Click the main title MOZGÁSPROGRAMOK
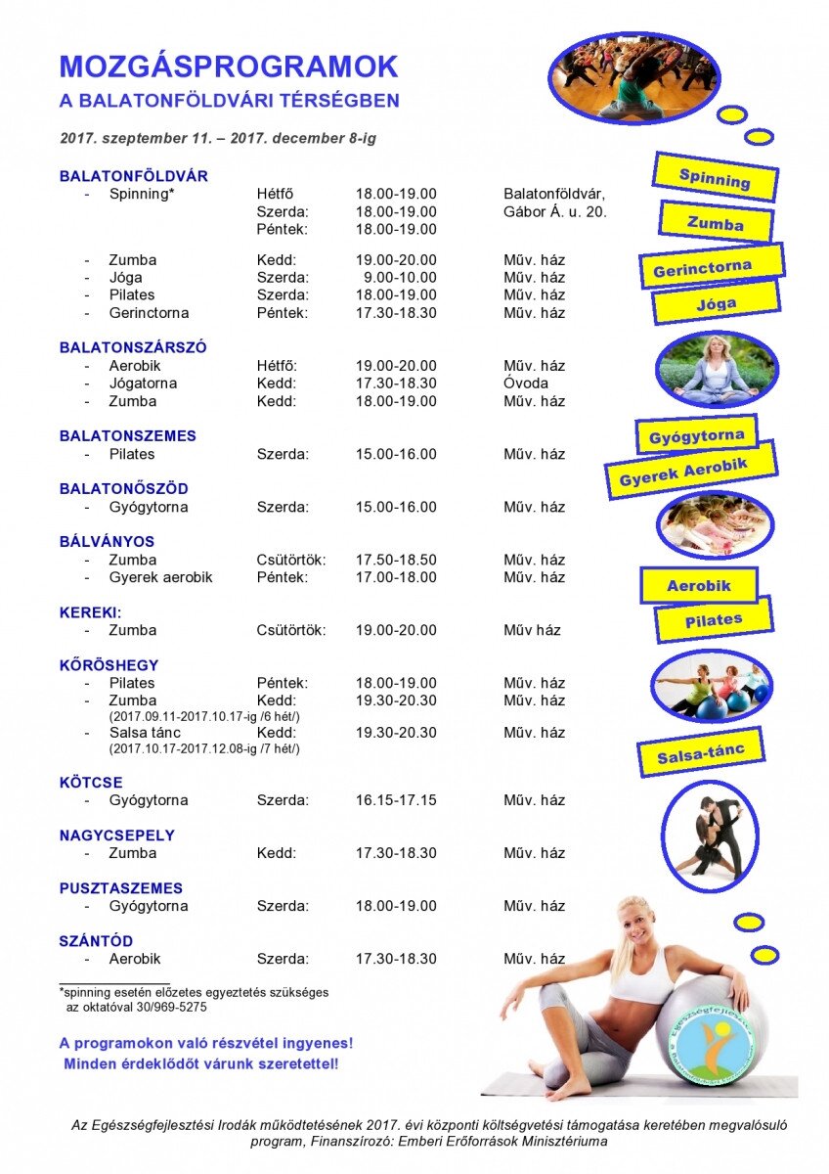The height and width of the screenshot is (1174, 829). [229, 67]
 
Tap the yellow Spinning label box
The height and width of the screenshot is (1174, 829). [715, 177]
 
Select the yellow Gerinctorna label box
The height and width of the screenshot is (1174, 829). [713, 265]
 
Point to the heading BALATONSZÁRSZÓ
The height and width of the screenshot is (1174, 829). [133, 347]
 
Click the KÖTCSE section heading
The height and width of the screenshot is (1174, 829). [91, 783]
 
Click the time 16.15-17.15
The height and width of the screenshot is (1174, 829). [396, 800]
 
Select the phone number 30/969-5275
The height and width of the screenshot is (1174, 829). [172, 1007]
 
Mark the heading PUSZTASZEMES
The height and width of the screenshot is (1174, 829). [121, 888]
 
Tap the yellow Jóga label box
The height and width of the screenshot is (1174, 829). [716, 303]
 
